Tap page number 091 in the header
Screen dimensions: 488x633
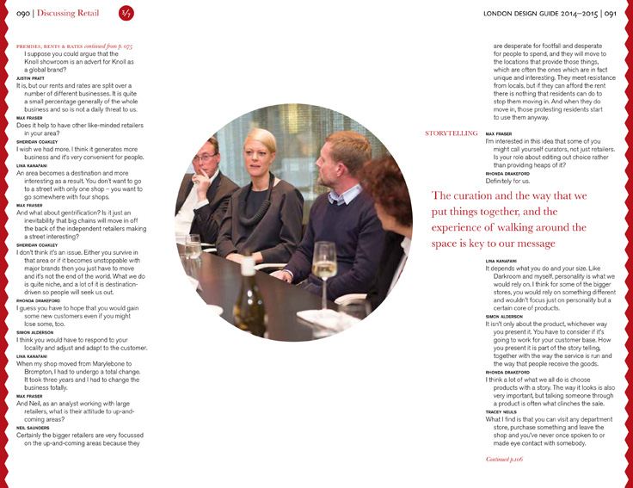[x=608, y=14]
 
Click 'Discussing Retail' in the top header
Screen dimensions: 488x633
[x=71, y=14]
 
